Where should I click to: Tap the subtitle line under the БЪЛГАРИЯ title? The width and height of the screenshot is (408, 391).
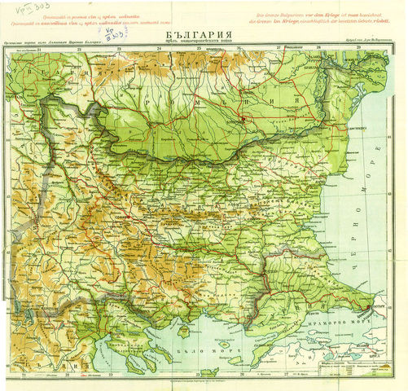pyautogui.click(x=203, y=42)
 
